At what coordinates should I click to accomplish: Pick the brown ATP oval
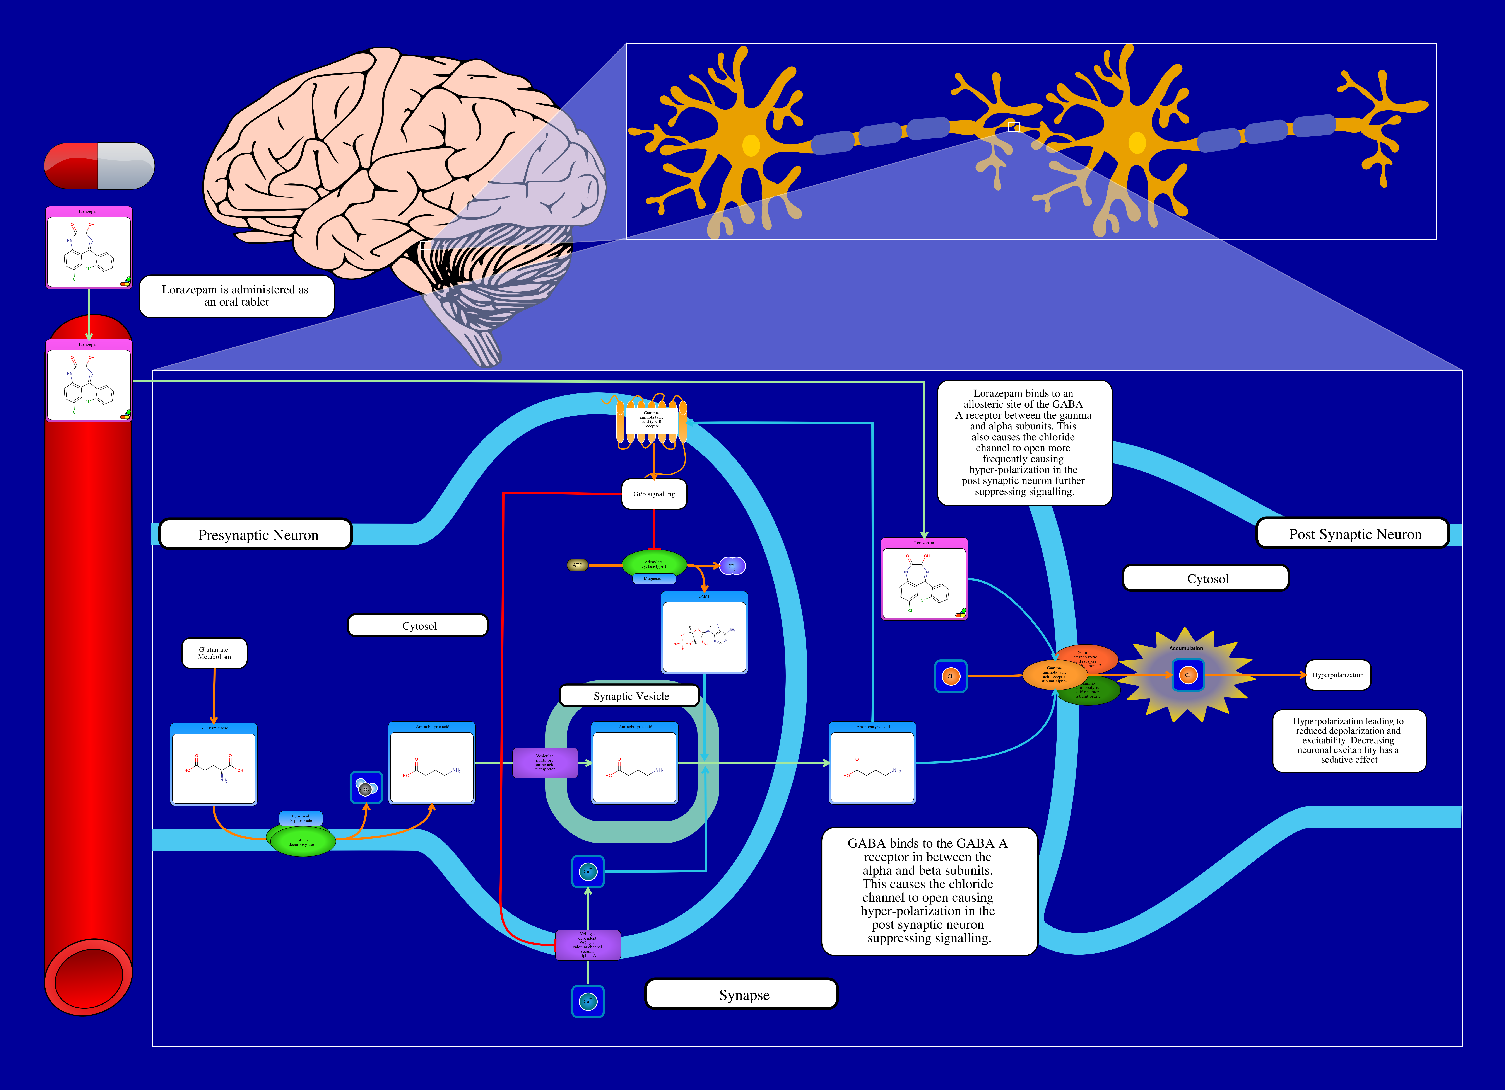(577, 565)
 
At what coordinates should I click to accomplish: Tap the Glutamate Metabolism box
(214, 654)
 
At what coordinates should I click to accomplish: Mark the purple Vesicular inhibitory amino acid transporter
(545, 763)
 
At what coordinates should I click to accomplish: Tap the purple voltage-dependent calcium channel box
(587, 945)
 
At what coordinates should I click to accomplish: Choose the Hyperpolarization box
(1338, 675)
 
